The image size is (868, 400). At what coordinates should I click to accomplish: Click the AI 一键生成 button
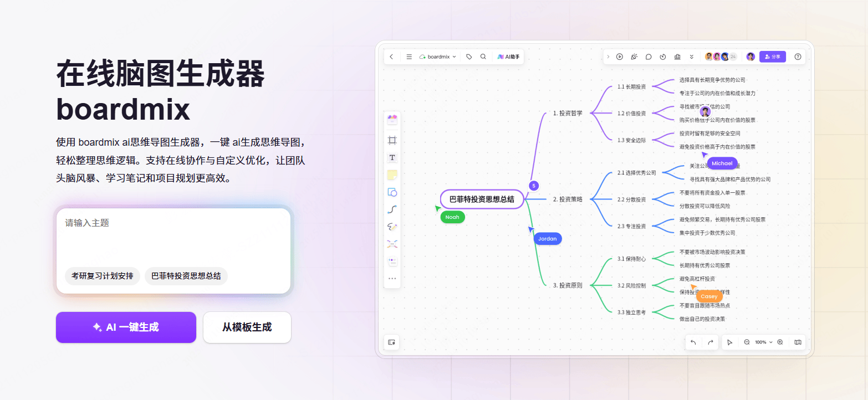126,327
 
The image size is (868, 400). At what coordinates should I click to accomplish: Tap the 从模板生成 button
247,327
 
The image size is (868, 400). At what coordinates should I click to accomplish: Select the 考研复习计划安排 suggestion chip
103,276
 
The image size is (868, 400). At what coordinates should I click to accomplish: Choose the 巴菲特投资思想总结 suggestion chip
186,276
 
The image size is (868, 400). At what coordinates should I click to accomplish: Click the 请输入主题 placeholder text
88,223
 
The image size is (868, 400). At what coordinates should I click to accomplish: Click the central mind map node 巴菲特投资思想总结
482,199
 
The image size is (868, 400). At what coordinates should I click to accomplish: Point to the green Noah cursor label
452,217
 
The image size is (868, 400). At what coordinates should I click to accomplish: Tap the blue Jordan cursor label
547,239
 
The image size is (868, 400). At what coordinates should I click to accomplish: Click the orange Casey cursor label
709,296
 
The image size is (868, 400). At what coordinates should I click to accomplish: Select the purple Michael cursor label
722,163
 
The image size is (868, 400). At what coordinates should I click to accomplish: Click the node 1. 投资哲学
568,113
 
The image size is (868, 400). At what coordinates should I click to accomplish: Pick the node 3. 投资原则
568,285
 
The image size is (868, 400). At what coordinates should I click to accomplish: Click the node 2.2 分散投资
631,199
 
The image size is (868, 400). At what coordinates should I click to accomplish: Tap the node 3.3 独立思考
631,312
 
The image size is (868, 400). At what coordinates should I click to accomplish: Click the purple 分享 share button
772,57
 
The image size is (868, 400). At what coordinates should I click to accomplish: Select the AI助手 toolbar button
508,57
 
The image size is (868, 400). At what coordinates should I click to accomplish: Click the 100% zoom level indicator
760,342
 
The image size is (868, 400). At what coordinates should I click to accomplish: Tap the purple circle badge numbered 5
534,186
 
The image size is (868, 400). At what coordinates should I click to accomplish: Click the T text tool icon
392,158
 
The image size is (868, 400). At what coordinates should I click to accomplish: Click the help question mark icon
798,57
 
